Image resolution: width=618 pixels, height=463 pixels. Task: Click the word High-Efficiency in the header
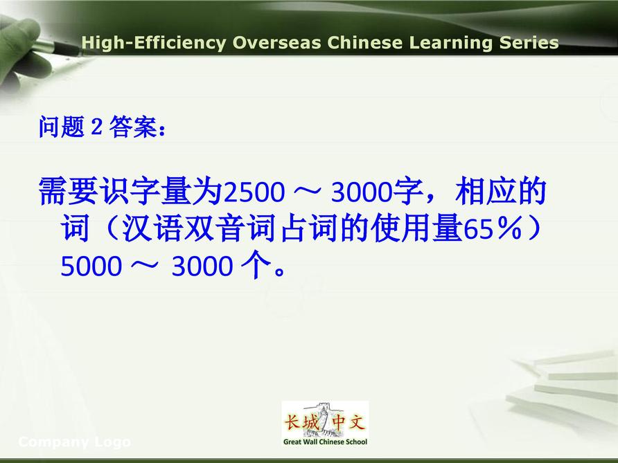153,42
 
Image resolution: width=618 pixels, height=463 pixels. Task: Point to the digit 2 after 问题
96,127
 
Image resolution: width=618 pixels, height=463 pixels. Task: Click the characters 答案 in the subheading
133,127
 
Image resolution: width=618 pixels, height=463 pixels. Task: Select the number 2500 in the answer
254,192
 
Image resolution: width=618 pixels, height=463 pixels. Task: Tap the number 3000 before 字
362,192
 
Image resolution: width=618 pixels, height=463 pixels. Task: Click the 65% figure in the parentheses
493,229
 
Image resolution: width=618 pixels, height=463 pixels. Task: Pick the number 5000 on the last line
91,266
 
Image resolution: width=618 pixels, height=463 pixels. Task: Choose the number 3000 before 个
202,266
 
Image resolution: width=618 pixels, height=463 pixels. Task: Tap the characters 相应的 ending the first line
500,191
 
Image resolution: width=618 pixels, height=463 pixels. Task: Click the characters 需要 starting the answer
68,191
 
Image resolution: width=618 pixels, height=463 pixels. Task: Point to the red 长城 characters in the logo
302,423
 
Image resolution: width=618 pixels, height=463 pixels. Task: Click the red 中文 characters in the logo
348,423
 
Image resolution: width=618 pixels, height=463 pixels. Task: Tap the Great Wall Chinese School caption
325,442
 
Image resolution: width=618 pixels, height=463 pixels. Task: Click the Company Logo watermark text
75,442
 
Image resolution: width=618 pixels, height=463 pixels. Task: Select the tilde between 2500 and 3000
308,191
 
